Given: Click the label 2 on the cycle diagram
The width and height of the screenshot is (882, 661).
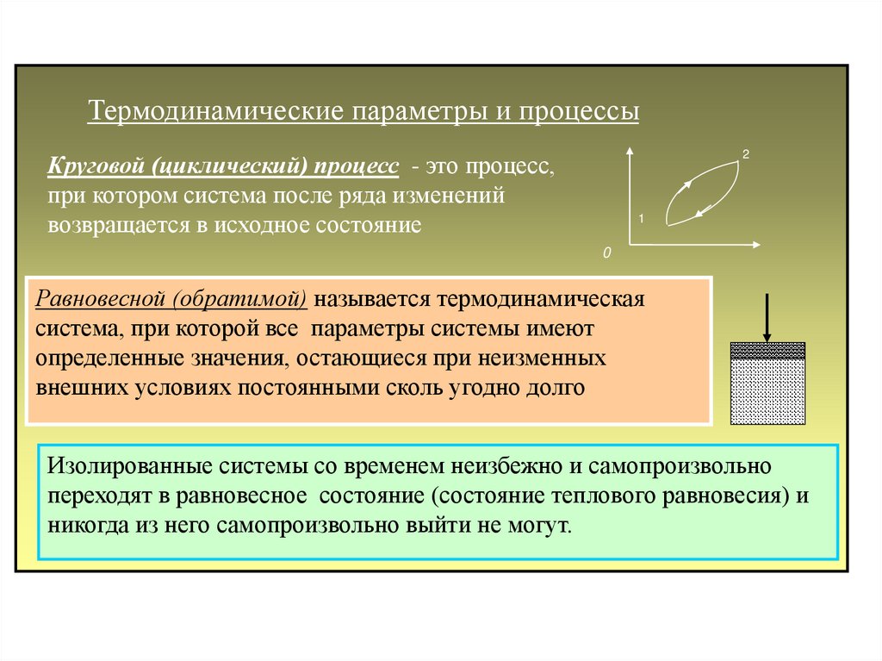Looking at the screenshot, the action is (x=745, y=153).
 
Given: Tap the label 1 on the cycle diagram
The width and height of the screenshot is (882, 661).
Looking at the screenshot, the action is (x=642, y=220).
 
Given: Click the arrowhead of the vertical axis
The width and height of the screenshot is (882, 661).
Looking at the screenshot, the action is (x=630, y=152).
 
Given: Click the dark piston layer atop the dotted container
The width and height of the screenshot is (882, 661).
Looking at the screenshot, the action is (x=767, y=350).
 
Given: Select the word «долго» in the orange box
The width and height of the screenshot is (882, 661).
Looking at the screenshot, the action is (x=555, y=387).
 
